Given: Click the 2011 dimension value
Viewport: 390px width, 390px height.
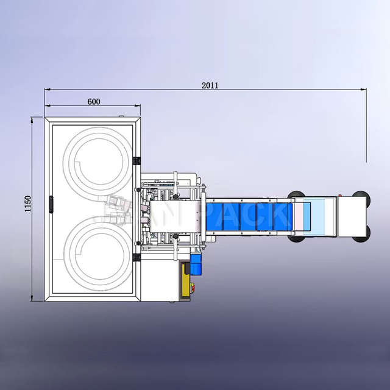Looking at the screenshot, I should [x=210, y=86].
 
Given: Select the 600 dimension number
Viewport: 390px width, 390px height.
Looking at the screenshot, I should [x=93, y=102].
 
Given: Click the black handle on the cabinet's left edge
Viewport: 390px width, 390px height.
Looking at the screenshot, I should [x=52, y=204].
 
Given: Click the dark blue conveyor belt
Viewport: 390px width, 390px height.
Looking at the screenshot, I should [x=250, y=217].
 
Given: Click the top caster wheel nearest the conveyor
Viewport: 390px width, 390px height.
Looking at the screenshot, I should [x=299, y=194].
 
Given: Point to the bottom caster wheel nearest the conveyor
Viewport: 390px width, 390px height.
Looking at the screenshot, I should [x=299, y=238].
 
